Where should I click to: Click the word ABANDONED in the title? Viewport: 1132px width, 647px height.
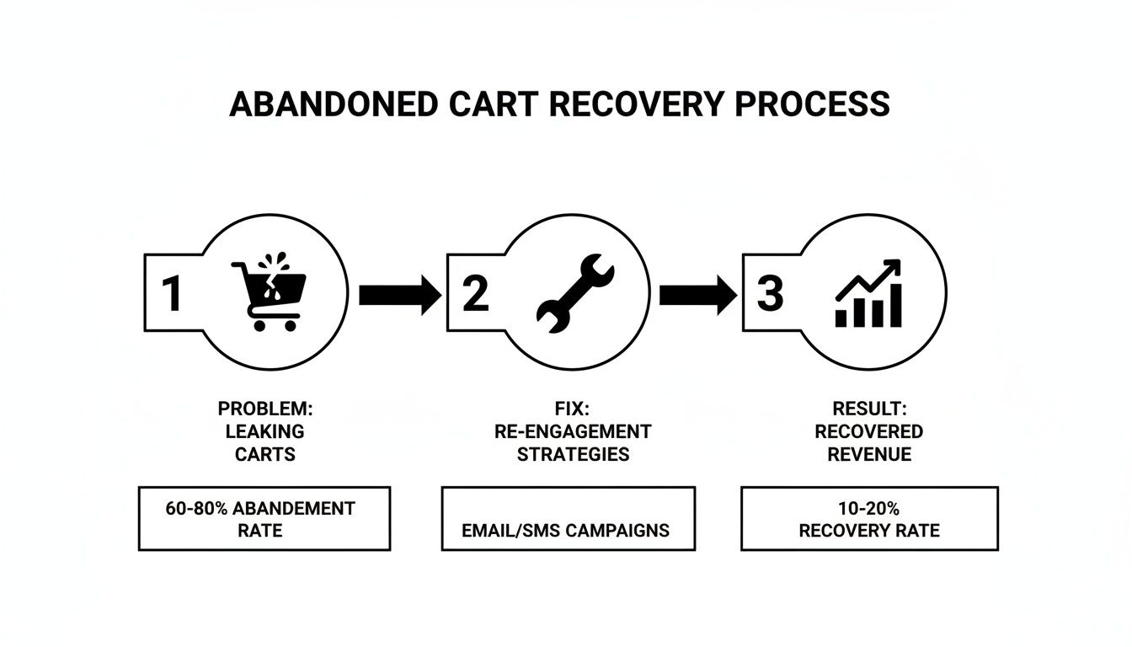coord(333,104)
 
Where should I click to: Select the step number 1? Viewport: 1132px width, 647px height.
coord(172,293)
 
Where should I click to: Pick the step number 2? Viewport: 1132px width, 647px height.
coord(475,293)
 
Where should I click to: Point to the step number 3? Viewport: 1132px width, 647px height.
coord(770,293)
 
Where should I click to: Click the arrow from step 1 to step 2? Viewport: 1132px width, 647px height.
coord(398,294)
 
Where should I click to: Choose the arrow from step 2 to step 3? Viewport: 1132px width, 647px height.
coord(697,294)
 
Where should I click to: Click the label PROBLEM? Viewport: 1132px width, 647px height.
coord(264,409)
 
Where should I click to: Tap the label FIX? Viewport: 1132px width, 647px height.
coord(573,409)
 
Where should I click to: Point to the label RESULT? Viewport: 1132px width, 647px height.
coord(868,409)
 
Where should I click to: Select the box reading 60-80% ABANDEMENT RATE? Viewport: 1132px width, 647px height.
coord(264,519)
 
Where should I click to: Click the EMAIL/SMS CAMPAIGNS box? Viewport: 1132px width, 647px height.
coord(568,519)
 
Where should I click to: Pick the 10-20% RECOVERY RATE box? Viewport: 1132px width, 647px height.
coord(869,519)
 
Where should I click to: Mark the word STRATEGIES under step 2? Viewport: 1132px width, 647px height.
coord(573,454)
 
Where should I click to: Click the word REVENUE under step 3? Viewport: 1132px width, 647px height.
coord(868,454)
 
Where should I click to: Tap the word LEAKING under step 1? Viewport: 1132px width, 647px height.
coord(264,431)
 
